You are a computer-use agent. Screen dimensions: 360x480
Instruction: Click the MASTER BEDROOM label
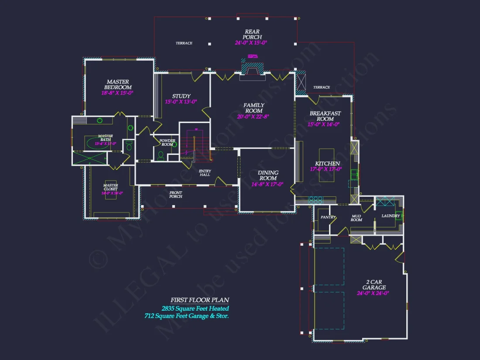[x=118, y=84]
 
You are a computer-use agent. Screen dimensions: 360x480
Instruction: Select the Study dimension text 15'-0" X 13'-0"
[x=181, y=102]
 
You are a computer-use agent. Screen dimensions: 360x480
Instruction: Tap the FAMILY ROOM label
[x=254, y=108]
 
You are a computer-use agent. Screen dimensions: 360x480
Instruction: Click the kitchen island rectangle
[x=327, y=165]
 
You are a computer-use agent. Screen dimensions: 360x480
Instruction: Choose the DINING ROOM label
[x=267, y=175]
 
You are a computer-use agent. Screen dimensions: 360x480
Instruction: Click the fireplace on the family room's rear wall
[x=252, y=69]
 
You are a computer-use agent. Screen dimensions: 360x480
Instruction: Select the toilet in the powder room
[x=161, y=154]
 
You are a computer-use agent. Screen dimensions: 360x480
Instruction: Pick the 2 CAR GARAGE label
[x=374, y=285]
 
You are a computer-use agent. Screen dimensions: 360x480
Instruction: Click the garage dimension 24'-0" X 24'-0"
[x=373, y=293]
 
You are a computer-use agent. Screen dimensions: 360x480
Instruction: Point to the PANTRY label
[x=328, y=217]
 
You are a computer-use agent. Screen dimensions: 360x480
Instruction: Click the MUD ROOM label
[x=357, y=217]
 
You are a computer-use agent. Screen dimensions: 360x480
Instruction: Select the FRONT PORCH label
[x=175, y=194]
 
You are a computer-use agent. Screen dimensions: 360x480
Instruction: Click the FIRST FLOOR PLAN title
[x=199, y=300]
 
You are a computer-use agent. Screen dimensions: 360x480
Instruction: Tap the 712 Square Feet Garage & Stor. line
[x=187, y=315]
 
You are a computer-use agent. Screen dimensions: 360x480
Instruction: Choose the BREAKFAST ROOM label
[x=325, y=116]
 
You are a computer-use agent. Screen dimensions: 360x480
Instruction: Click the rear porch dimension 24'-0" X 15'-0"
[x=250, y=43]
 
